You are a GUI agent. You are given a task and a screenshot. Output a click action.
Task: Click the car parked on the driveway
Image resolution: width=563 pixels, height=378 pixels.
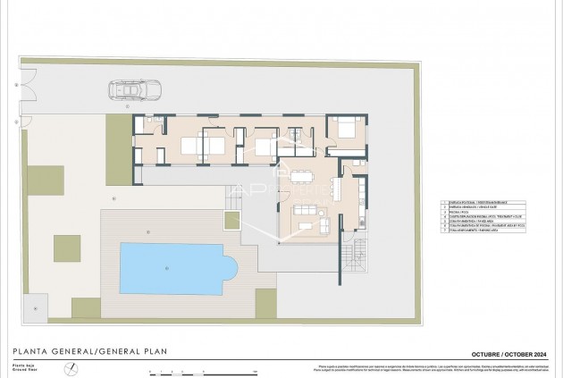tap(129, 90)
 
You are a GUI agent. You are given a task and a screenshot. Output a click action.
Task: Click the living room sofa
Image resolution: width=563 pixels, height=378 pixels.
tap(306, 209)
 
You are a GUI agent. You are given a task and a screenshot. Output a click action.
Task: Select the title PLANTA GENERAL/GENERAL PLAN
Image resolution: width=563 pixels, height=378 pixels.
tap(89, 351)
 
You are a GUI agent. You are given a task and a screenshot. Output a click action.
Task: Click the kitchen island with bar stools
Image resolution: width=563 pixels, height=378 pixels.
tap(336, 189)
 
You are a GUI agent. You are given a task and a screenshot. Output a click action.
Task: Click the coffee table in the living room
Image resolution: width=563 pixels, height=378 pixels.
tap(306, 225)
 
